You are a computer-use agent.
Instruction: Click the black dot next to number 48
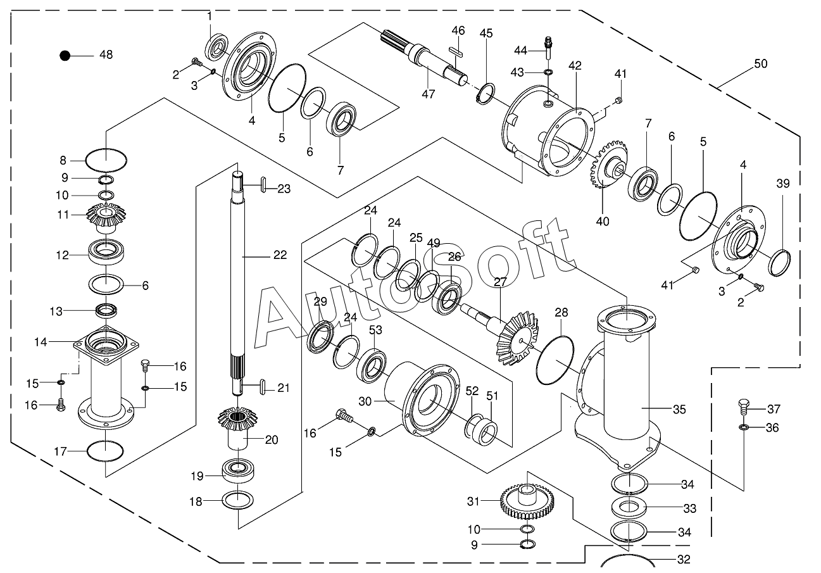pyautogui.click(x=65, y=55)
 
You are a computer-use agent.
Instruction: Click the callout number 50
pyautogui.click(x=760, y=64)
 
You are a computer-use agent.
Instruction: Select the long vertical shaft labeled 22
pyautogui.click(x=237, y=266)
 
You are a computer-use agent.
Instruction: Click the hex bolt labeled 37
pyautogui.click(x=744, y=406)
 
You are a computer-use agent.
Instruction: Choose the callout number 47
pyautogui.click(x=429, y=94)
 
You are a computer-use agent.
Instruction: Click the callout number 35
pyautogui.click(x=679, y=409)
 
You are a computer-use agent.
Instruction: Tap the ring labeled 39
pyautogui.click(x=781, y=261)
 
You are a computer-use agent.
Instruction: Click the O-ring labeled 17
pyautogui.click(x=105, y=451)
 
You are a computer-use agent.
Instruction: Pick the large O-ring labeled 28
pyautogui.click(x=555, y=359)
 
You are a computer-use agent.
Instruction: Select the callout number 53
pyautogui.click(x=375, y=330)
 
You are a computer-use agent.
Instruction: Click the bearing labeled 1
pyautogui.click(x=217, y=47)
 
